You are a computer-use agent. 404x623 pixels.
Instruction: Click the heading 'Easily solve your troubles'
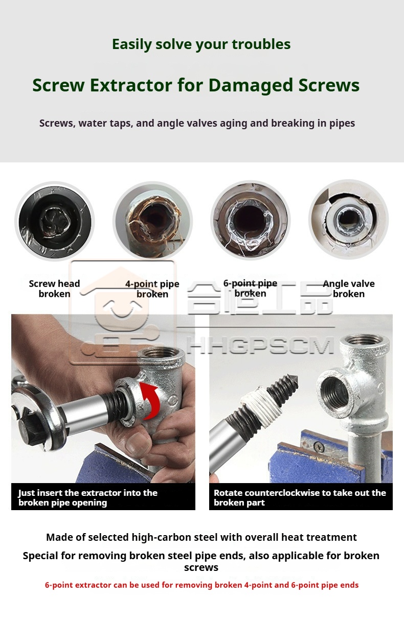[x=201, y=44]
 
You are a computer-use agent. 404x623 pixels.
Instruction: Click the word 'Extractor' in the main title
[x=131, y=85]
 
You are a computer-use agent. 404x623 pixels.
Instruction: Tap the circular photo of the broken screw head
[x=55, y=222]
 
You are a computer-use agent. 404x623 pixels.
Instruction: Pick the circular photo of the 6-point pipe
[x=250, y=220]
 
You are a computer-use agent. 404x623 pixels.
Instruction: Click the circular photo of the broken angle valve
[x=349, y=220]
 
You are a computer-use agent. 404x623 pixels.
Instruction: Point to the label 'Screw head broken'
[x=54, y=289]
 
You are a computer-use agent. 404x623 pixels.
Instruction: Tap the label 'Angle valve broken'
[x=349, y=289]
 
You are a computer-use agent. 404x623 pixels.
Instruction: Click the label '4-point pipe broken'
[x=152, y=289]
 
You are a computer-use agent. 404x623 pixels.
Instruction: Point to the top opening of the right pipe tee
[x=365, y=341]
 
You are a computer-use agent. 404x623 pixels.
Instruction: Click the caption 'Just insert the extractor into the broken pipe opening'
[x=88, y=497]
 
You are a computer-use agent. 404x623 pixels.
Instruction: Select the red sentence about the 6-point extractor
[x=201, y=585]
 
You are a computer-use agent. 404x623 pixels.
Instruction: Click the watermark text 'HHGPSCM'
[x=260, y=345]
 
